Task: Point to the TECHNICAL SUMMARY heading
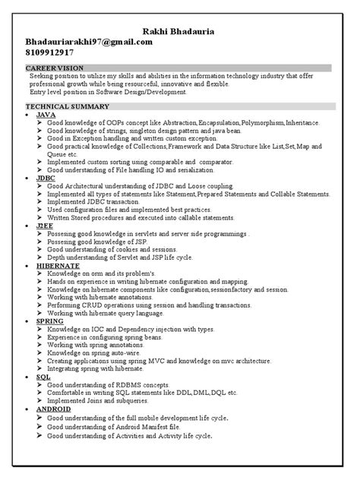pos(68,106)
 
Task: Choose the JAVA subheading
pos(46,113)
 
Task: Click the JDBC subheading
pos(46,177)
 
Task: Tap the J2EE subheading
pos(46,225)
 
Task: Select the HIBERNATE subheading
pos(58,265)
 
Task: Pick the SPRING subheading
pos(51,321)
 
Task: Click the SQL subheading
pos(43,377)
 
